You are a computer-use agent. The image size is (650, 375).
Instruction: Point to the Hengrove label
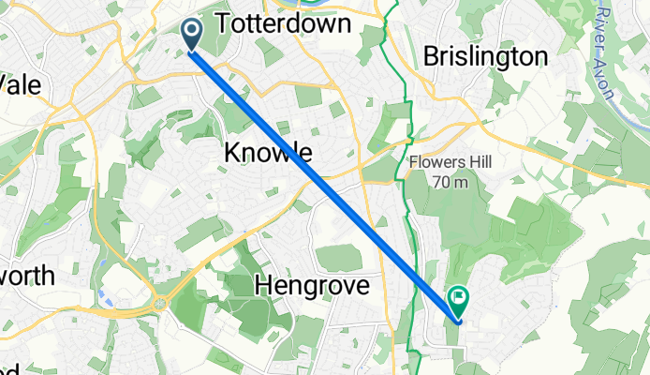click(x=312, y=284)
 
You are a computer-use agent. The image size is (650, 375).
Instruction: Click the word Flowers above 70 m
click(x=436, y=162)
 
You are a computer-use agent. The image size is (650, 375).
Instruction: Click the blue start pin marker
click(x=192, y=36)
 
